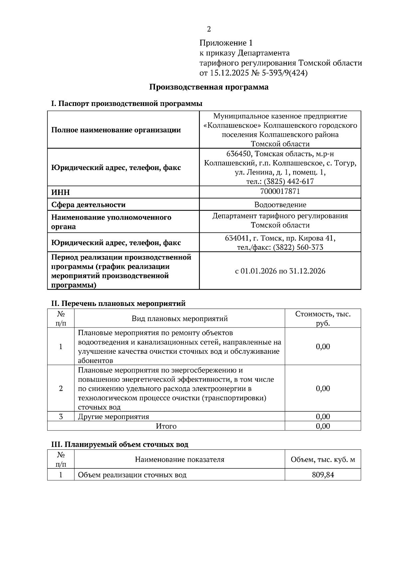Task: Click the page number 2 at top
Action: [209, 29]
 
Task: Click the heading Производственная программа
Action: [209, 87]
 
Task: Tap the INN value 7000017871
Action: [280, 191]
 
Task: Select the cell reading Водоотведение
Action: [280, 205]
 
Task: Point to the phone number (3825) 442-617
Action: [289, 181]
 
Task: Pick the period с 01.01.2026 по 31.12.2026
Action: [280, 271]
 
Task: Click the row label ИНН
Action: [61, 193]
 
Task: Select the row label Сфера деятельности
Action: [88, 205]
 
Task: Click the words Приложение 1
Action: [226, 43]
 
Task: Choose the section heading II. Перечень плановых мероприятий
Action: [118, 303]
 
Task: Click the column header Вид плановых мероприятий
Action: [180, 319]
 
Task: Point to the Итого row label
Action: [166, 426]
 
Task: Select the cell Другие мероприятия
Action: [113, 417]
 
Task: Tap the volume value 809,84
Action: [323, 475]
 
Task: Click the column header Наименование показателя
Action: [180, 459]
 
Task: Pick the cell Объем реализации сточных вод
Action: [132, 475]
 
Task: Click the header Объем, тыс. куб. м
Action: [323, 459]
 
